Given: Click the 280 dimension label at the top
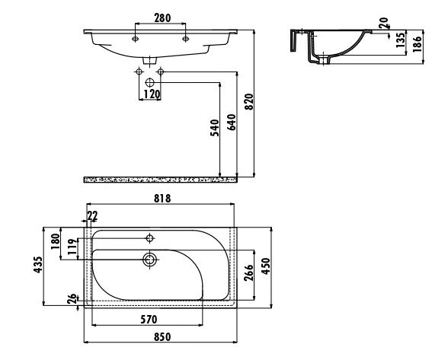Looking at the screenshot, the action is [162, 18].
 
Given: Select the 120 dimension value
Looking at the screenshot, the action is [152, 94].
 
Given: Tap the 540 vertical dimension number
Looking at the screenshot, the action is [215, 127].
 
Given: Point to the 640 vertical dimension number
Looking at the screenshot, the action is [232, 123].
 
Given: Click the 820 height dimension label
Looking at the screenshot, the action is [249, 102].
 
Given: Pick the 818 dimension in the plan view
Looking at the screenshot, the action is [162, 198].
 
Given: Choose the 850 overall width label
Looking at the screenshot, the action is [162, 337].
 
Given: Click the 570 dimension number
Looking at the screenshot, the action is [149, 320].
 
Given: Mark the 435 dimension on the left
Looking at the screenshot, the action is [38, 265].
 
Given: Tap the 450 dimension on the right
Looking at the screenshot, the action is [266, 266].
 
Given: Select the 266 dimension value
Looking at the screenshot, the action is [248, 272].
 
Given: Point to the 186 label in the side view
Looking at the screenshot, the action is [418, 43].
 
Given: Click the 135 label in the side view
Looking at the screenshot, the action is [401, 40].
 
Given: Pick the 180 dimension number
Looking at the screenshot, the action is [56, 241].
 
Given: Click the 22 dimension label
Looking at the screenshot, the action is [92, 215].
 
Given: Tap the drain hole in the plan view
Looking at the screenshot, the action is [150, 260].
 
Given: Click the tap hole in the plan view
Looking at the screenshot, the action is [150, 237].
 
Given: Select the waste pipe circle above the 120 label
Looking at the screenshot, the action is [149, 83].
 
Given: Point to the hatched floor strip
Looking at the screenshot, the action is [160, 180].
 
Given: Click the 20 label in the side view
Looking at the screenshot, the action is [383, 23].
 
